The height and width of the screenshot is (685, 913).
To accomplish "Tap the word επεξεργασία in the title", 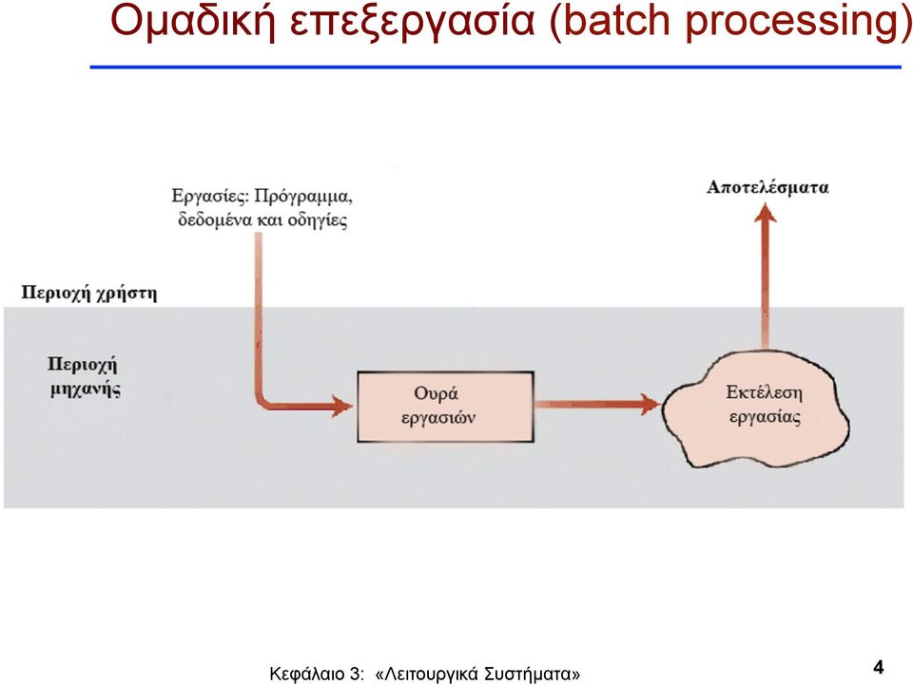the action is (412, 23).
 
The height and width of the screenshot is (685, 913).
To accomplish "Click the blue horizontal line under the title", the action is (495, 67).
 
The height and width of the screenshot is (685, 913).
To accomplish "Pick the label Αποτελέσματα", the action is (767, 187).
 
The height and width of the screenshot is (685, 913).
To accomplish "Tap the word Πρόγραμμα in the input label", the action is (303, 197).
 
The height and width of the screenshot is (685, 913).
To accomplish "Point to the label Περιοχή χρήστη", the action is (89, 293).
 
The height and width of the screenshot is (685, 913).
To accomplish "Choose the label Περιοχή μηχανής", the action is (84, 377).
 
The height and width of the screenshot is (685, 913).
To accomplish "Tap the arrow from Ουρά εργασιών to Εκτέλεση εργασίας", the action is (597, 404).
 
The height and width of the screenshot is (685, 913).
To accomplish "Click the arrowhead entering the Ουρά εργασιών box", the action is (342, 406).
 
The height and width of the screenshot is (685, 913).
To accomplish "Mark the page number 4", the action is (878, 667).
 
